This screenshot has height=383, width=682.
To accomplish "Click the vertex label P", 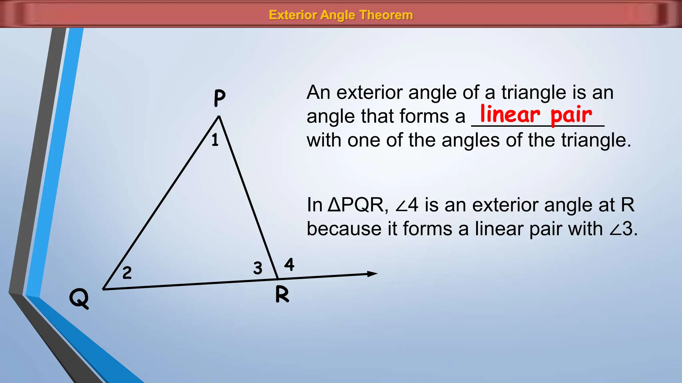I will (219, 98).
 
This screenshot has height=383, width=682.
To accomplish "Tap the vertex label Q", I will (79, 298).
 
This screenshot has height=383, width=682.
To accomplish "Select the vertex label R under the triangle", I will (282, 295).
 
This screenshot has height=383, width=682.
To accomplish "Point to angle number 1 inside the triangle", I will (215, 140).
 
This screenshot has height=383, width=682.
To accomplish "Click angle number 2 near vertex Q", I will (127, 273).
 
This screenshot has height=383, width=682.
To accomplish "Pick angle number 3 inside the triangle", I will (258, 268).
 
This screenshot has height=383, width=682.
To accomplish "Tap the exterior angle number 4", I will (289, 265).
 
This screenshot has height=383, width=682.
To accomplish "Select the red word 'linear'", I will (510, 114).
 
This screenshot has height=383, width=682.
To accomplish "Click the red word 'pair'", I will (571, 115).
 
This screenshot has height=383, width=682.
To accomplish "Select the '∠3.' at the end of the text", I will (623, 229).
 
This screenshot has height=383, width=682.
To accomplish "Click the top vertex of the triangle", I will (219, 116).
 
